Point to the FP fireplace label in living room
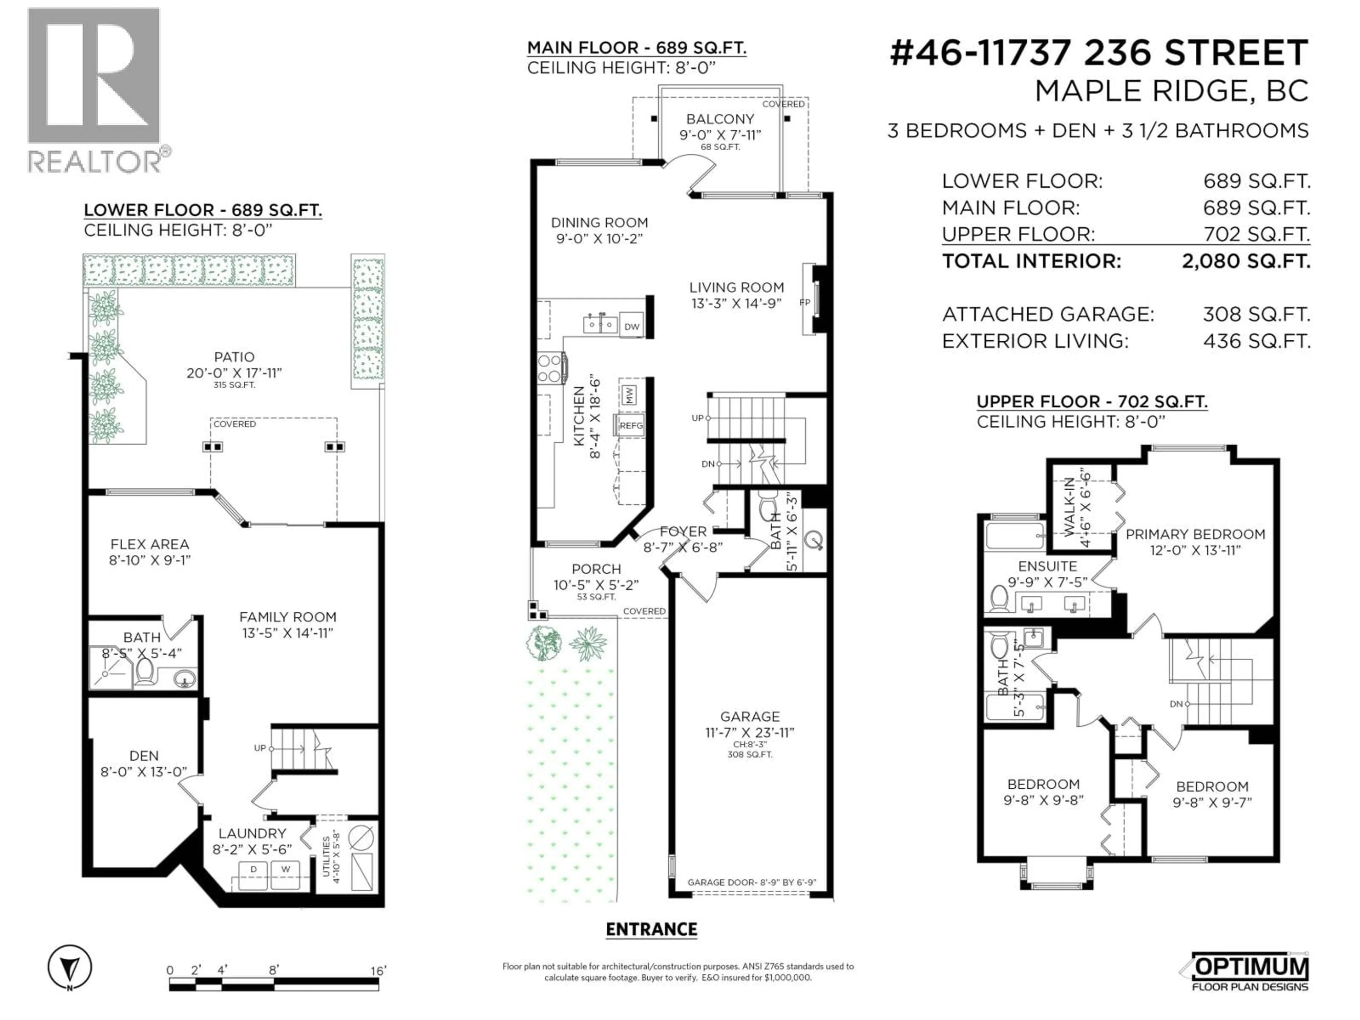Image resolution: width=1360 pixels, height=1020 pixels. click(x=804, y=302)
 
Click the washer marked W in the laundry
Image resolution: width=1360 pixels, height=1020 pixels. click(x=285, y=869)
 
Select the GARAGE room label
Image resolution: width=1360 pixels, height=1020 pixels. click(x=749, y=716)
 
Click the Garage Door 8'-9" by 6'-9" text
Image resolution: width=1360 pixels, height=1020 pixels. click(x=751, y=882)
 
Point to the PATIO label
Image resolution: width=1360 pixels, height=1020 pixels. click(x=234, y=357)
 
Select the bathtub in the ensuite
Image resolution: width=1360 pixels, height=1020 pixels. click(x=1014, y=535)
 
